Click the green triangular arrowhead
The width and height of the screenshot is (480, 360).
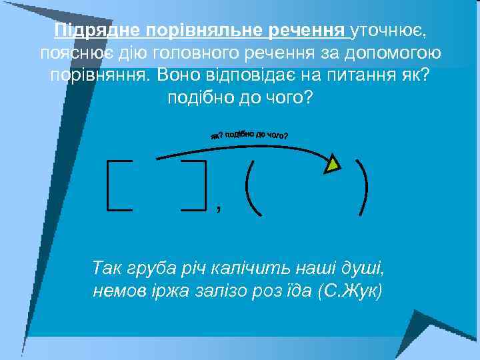pos(333,163)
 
